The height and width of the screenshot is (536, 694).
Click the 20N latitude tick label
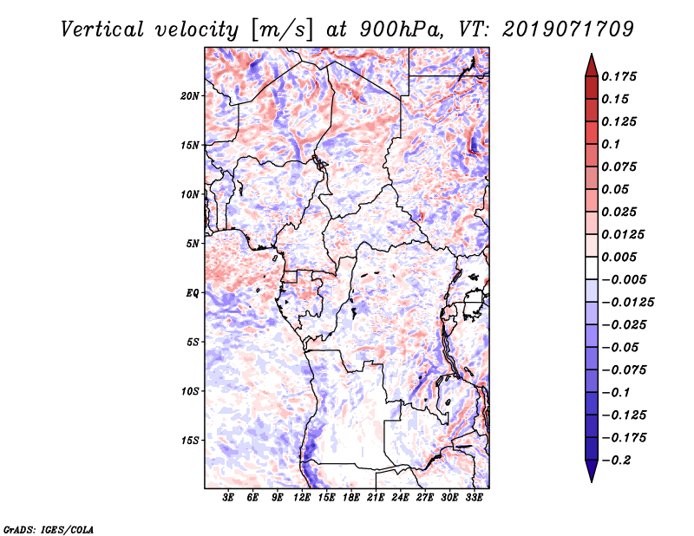coord(191,95)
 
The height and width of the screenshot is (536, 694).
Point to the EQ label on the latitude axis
coord(193,292)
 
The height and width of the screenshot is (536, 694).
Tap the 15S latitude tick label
coord(191,440)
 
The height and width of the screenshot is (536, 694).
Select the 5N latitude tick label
coord(193,243)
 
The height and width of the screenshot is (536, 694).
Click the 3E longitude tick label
coord(229,498)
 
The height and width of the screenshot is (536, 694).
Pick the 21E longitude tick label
coord(376,498)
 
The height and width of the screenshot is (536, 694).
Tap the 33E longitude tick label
coord(474,498)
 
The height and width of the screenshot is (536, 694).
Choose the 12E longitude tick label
coord(302,498)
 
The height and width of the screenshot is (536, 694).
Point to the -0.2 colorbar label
coord(618,460)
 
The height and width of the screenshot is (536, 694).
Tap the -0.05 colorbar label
coord(621,347)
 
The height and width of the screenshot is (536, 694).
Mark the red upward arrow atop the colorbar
coord(591,65)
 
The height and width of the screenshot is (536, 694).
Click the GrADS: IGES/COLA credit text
coord(48,527)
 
